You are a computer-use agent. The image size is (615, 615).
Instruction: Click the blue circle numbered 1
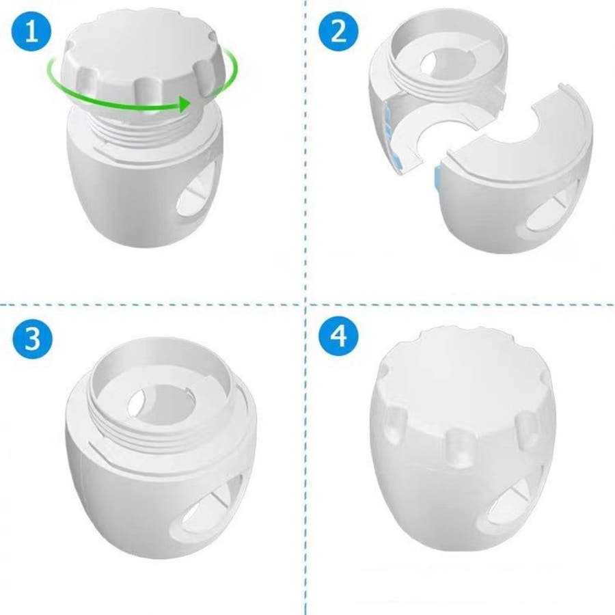tap(31, 31)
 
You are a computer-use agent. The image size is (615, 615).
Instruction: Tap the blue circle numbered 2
tap(338, 31)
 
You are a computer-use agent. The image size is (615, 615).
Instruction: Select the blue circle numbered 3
tap(32, 338)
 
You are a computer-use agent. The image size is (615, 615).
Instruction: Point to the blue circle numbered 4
tap(338, 336)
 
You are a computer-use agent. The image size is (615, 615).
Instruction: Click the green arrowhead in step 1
tap(184, 104)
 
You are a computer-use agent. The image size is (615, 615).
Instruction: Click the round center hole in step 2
tap(447, 62)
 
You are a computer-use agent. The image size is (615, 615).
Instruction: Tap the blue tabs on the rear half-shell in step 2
tap(390, 133)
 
